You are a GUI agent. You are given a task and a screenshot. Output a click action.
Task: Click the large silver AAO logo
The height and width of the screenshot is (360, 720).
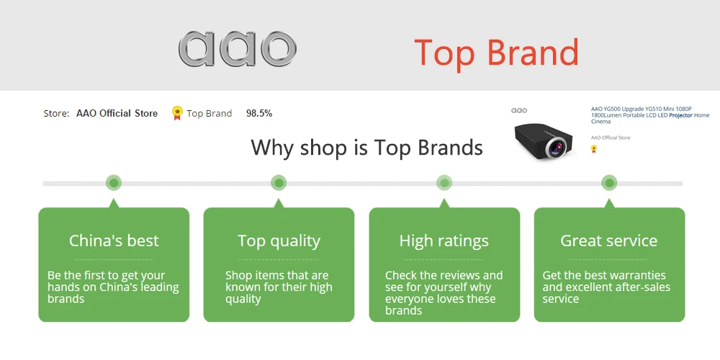pyautogui.click(x=238, y=49)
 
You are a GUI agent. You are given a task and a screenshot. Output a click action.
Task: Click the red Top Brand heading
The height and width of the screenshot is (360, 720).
pyautogui.click(x=496, y=52)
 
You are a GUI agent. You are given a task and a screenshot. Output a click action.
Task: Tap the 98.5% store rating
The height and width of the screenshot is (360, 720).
pyautogui.click(x=259, y=114)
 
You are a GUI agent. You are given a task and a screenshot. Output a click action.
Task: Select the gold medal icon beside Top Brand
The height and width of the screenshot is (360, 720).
pyautogui.click(x=177, y=113)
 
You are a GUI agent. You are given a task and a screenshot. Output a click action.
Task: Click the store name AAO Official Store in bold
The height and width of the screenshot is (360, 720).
pyautogui.click(x=117, y=114)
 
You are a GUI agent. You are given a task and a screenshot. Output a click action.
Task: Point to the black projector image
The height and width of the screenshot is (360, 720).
pyautogui.click(x=543, y=140)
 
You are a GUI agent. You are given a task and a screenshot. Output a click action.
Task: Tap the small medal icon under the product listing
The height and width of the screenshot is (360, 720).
pyautogui.click(x=594, y=149)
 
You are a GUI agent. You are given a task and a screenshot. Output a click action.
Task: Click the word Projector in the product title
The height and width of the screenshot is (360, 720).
pyautogui.click(x=680, y=115)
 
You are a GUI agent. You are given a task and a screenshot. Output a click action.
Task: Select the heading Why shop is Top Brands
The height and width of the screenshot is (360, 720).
pyautogui.click(x=367, y=148)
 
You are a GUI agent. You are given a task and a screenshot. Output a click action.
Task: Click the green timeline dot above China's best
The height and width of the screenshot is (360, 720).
pyautogui.click(x=114, y=183)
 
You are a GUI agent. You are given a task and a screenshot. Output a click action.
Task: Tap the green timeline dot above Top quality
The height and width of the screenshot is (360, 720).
pyautogui.click(x=279, y=183)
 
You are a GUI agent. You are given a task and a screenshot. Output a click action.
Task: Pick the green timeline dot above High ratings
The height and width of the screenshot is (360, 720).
pyautogui.click(x=444, y=183)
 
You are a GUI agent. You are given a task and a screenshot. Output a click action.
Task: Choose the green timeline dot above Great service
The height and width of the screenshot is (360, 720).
pyautogui.click(x=609, y=183)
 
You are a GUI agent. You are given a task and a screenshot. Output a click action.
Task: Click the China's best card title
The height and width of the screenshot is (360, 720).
pyautogui.click(x=114, y=240)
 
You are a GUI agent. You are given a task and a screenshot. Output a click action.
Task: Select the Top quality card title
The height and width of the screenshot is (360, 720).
pyautogui.click(x=279, y=241)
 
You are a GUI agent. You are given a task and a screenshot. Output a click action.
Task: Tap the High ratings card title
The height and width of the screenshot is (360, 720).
pyautogui.click(x=444, y=241)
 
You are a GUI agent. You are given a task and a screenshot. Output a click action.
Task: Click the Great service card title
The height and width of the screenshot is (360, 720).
pyautogui.click(x=609, y=240)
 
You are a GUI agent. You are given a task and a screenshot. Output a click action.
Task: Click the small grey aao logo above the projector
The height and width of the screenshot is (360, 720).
pyautogui.click(x=519, y=110)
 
